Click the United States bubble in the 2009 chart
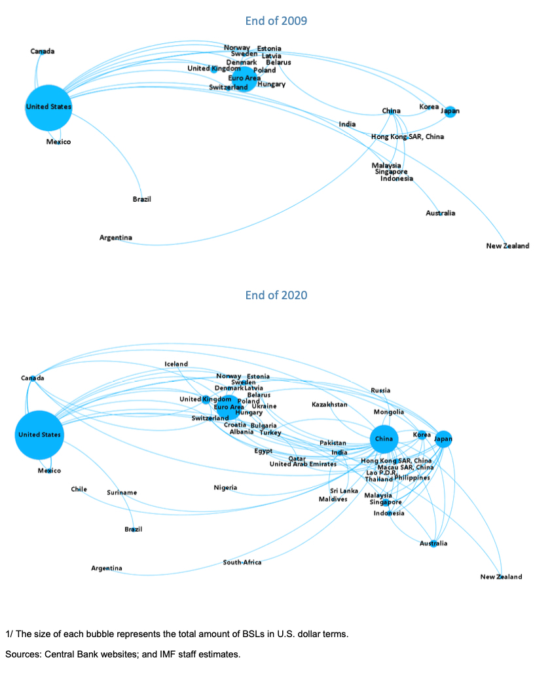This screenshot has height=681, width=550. click(48, 107)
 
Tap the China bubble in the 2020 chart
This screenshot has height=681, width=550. click(384, 439)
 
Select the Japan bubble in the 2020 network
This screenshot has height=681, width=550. click(443, 439)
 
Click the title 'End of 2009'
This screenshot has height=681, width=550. click(276, 21)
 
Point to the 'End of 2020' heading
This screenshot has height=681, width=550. click(276, 295)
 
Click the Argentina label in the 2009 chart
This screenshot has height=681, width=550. click(116, 238)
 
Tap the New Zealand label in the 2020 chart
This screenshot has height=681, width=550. click(501, 577)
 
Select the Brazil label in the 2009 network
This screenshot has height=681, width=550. click(141, 199)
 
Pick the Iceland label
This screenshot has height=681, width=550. click(176, 364)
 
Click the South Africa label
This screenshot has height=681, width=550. click(242, 562)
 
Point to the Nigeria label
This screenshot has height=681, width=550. click(225, 487)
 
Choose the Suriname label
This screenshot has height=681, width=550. click(122, 492)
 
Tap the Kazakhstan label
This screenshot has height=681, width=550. click(329, 405)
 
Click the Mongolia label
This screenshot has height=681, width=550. click(389, 412)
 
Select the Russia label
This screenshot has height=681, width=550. click(380, 390)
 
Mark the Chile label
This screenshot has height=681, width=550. click(79, 489)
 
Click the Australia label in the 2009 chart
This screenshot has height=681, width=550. click(440, 213)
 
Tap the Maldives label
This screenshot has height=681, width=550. click(333, 500)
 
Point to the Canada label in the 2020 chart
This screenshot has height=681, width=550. click(32, 378)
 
